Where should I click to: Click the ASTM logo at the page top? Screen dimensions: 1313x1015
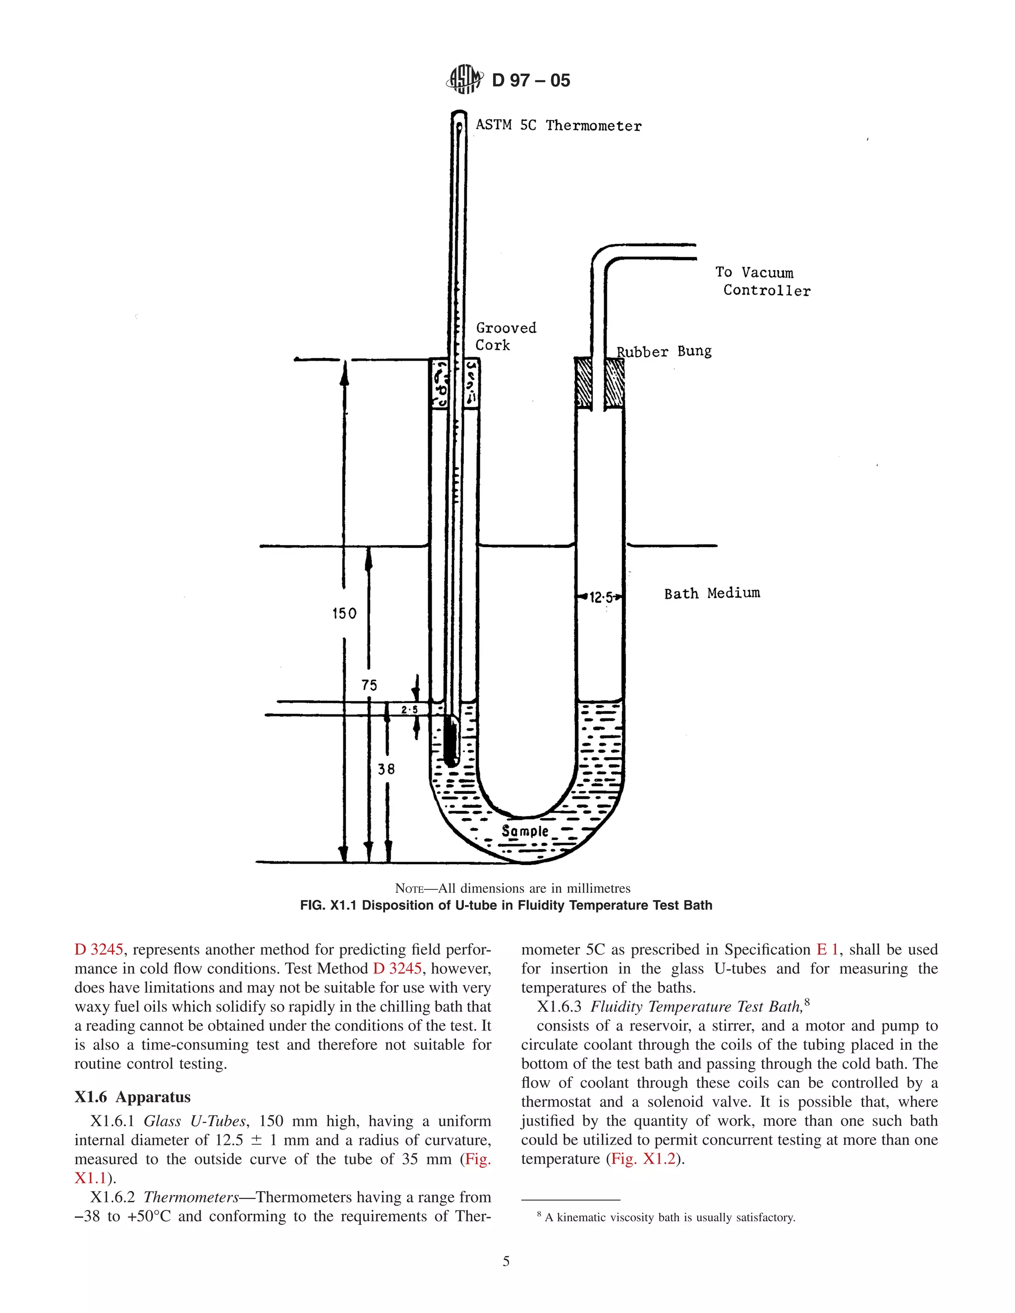pyautogui.click(x=464, y=79)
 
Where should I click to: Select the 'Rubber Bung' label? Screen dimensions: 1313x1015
pyautogui.click(x=664, y=351)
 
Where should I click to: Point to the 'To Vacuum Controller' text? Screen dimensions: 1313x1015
pyautogui.click(x=762, y=281)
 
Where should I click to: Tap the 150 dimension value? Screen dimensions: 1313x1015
pyautogui.click(x=344, y=613)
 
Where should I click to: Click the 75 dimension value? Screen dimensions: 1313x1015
pyautogui.click(x=369, y=685)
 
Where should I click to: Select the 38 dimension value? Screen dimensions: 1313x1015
pyautogui.click(x=386, y=769)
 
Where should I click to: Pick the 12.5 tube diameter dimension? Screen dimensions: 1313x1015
pyautogui.click(x=600, y=598)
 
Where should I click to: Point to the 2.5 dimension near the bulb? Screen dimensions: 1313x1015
pyautogui.click(x=409, y=710)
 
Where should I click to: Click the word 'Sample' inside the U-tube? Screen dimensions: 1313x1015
pyautogui.click(x=525, y=831)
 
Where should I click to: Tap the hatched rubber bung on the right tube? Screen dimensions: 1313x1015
pyautogui.click(x=614, y=383)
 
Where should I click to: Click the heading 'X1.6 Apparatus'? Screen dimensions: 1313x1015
pyautogui.click(x=132, y=1096)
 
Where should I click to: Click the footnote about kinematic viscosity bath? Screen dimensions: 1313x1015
pyautogui.click(x=666, y=1217)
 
